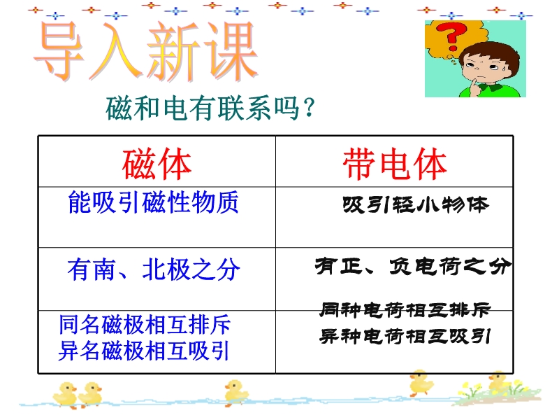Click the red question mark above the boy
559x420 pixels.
click(451, 36)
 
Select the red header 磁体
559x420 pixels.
click(157, 164)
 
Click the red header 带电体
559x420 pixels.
click(395, 164)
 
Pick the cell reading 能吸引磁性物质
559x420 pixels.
click(153, 202)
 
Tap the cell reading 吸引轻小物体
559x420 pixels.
click(416, 205)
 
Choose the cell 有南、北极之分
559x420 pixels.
click(154, 269)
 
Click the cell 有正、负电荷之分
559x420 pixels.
click(413, 267)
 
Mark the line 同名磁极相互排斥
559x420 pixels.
click(145, 324)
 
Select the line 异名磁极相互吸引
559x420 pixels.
click(143, 351)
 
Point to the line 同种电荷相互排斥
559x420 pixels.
click(405, 310)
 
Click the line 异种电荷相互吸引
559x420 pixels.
click(405, 337)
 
